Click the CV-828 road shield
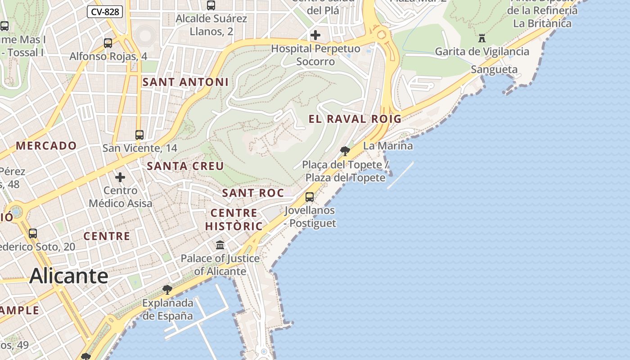(105, 12)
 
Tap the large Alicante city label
(69, 276)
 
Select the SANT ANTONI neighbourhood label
(185, 82)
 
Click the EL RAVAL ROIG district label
(355, 119)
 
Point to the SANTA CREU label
(185, 166)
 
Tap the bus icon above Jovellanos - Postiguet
(310, 197)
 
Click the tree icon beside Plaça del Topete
(345, 151)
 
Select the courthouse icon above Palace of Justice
(220, 245)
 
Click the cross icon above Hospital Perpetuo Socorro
(315, 35)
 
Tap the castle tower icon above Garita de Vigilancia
(482, 38)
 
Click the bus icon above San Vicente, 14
(139, 135)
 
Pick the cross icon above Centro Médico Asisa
(120, 177)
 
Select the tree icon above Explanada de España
(167, 289)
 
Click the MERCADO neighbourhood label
(46, 146)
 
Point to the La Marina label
(387, 146)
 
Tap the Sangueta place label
(494, 69)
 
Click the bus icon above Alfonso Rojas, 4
(108, 43)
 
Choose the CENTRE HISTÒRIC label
(234, 219)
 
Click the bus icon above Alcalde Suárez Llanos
(211, 5)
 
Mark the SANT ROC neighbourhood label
(253, 193)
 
